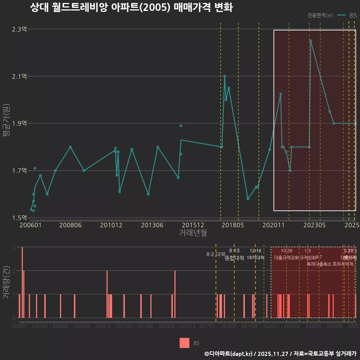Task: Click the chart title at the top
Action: [131, 8]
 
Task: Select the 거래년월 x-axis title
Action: [193, 233]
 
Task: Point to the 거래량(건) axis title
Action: [6, 282]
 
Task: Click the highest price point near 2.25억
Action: [310, 40]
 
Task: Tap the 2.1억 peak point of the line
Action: [225, 76]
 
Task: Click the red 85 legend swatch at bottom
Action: [184, 343]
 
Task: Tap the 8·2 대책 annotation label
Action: [216, 254]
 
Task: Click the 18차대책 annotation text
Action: [256, 258]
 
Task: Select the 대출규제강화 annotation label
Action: [286, 258]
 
